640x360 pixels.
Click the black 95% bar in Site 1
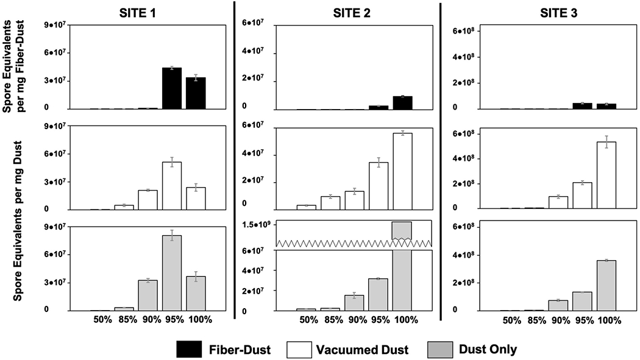pyautogui.click(x=172, y=88)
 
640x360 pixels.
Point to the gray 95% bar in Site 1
pyautogui.click(x=172, y=274)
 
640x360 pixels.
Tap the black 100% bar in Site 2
pyautogui.click(x=402, y=103)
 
